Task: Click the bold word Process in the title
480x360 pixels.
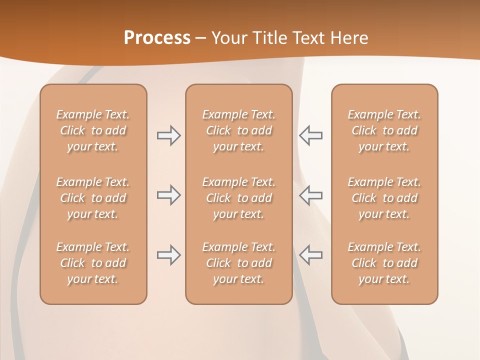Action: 157,38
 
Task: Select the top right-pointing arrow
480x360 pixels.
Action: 168,135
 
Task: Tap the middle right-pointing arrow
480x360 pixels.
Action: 168,195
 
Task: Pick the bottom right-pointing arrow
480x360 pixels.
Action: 168,255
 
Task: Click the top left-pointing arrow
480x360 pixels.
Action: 310,135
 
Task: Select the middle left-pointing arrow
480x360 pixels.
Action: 310,195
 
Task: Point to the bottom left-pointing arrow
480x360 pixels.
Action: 310,255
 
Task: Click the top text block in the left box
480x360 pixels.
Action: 93,130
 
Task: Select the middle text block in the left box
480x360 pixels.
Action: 93,198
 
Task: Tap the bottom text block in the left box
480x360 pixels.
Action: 93,263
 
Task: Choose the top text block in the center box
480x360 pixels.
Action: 239,130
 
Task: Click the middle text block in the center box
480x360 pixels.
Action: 239,198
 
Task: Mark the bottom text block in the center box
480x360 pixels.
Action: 239,263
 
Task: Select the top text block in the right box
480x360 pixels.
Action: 384,130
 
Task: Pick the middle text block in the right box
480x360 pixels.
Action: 384,198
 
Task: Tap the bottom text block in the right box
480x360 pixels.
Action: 384,263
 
